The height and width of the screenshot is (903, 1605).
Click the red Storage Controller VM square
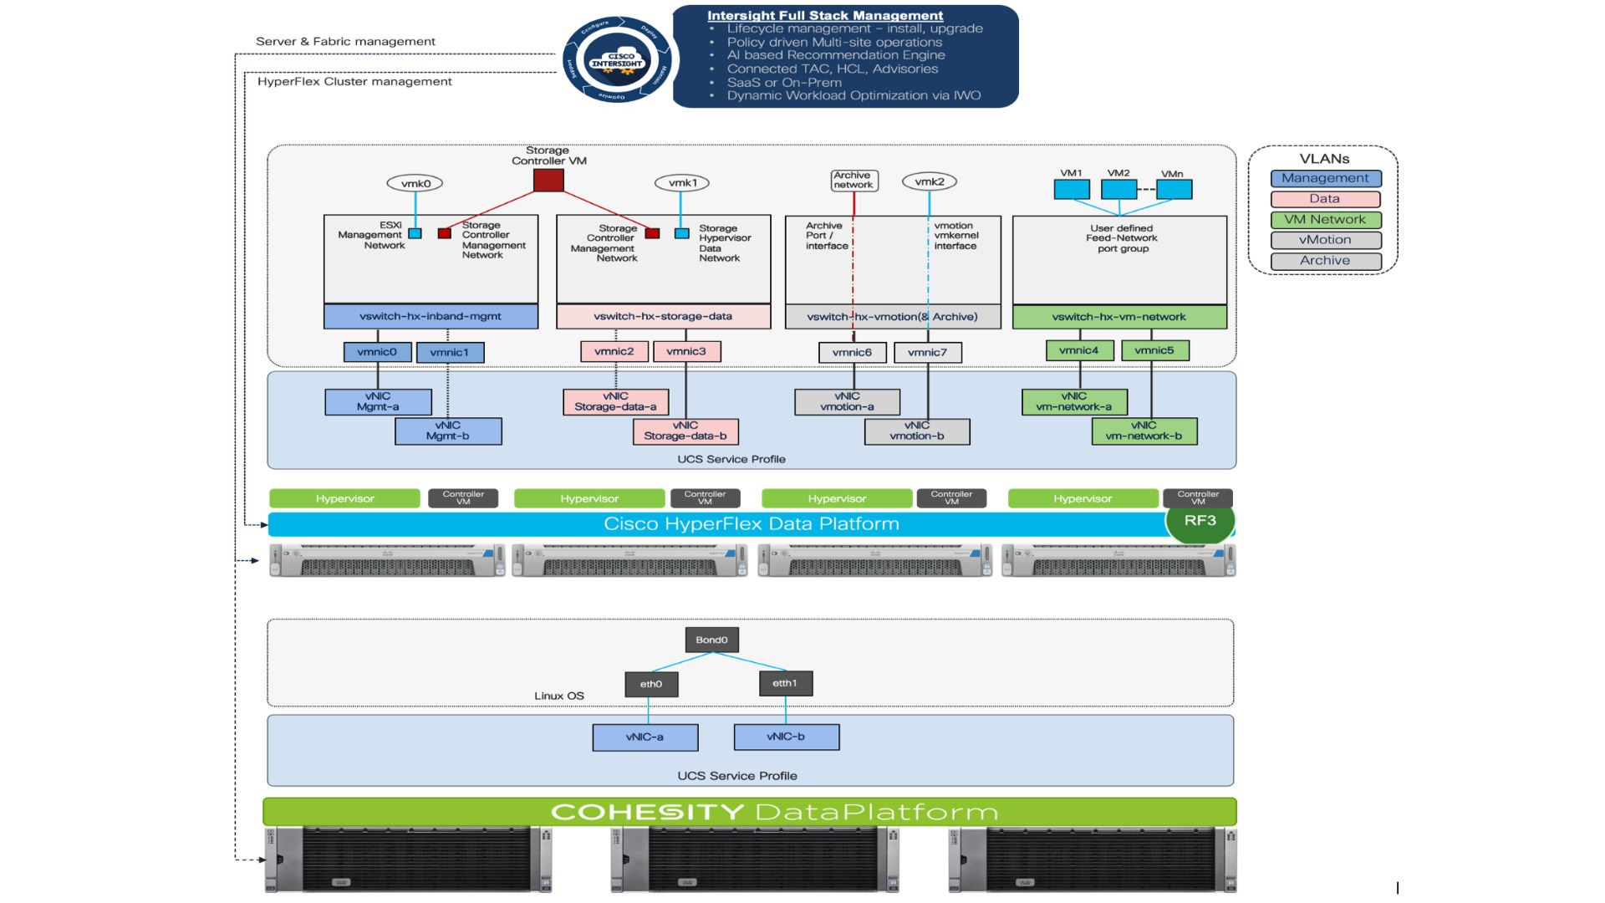(x=548, y=181)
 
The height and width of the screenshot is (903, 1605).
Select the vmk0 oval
(x=415, y=184)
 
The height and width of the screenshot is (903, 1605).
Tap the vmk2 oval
(x=929, y=182)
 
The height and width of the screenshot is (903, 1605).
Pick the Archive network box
(x=853, y=181)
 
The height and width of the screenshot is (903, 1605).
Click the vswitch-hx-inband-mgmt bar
(x=431, y=317)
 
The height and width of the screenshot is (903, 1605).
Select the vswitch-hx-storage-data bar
(x=663, y=317)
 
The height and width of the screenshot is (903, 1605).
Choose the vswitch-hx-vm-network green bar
(x=1118, y=317)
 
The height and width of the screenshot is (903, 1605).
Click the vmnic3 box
(x=686, y=352)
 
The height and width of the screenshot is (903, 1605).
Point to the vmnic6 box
(x=852, y=353)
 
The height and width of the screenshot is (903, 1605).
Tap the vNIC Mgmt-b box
(x=448, y=431)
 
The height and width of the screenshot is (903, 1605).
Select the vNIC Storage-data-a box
(x=615, y=402)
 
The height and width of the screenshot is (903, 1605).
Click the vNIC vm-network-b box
(x=1144, y=431)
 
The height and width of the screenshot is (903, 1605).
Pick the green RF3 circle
(x=1200, y=521)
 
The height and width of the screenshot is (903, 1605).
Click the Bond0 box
(x=711, y=640)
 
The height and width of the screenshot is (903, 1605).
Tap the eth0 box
(x=651, y=685)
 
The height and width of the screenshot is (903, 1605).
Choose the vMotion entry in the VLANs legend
(x=1325, y=240)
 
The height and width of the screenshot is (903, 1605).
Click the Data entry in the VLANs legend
(x=1325, y=199)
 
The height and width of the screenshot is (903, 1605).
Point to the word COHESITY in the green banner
(x=647, y=812)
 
